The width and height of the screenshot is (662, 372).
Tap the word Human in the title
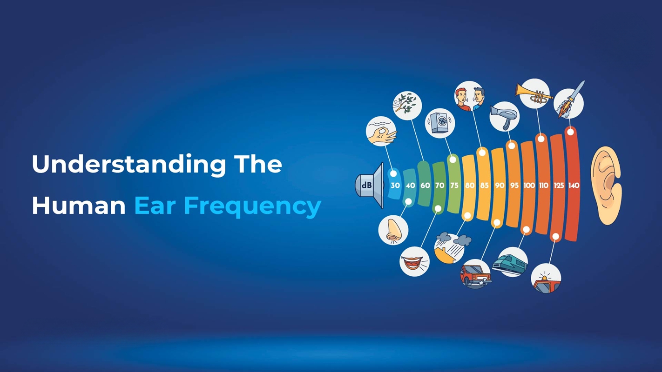click(79, 206)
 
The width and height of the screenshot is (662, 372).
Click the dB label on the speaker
click(366, 185)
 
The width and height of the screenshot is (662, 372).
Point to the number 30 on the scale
click(395, 185)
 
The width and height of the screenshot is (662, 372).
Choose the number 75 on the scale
click(454, 185)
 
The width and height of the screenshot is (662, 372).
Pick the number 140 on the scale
click(574, 185)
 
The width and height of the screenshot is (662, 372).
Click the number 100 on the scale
click(529, 185)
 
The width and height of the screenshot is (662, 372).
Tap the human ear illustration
click(606, 185)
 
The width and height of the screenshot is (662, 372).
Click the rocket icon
click(569, 102)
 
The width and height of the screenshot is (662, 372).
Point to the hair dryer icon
click(505, 116)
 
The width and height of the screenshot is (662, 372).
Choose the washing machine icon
click(440, 123)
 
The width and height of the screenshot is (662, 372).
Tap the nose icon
click(393, 230)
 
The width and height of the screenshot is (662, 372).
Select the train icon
click(510, 262)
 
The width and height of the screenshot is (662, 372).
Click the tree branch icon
click(407, 105)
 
